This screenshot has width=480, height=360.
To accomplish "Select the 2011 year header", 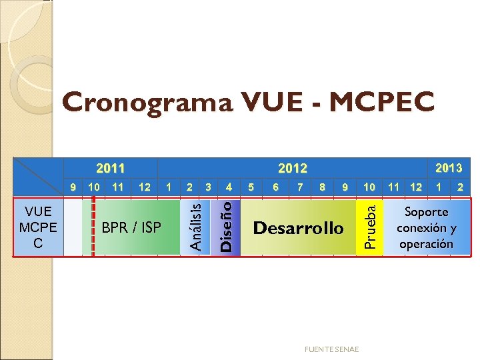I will click(110, 168).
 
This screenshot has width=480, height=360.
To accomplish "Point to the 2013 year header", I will click(449, 167).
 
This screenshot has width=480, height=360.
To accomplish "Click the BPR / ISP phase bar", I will click(131, 227).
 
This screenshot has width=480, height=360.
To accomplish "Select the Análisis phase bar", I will click(194, 227).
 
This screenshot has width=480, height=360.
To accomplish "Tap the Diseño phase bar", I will click(227, 227).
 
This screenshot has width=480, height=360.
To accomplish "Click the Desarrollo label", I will click(298, 228).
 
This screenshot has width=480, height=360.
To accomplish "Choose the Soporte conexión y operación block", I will click(426, 227).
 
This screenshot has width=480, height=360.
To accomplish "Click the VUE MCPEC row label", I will click(38, 227).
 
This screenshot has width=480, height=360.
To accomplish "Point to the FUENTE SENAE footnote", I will click(331, 349).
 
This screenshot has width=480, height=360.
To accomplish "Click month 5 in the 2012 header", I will click(251, 187).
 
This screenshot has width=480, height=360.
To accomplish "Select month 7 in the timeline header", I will click(300, 187).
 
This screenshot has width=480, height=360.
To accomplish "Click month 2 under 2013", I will click(460, 187).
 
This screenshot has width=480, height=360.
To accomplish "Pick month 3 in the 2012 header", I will click(209, 187).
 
